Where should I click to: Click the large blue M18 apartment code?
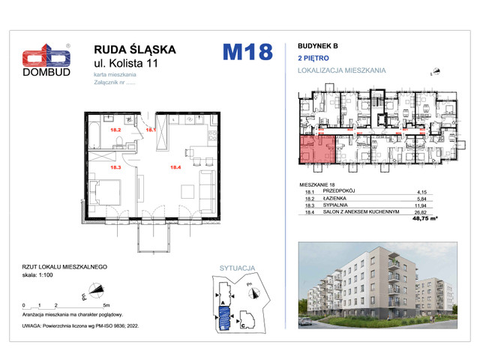click(247, 53)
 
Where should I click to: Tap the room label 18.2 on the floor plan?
click(95, 129)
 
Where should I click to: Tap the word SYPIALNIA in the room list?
click(337, 205)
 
